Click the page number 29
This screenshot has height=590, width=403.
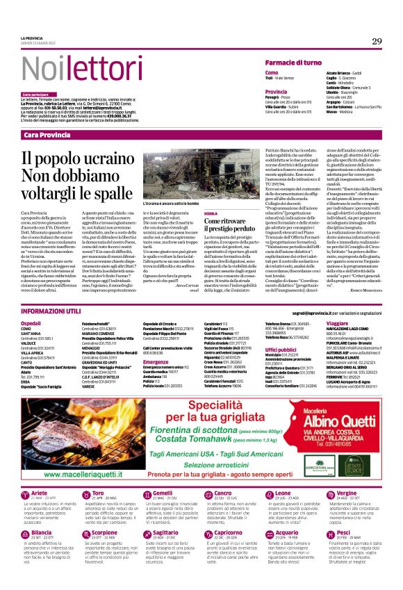377,42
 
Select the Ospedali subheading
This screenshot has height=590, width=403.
32,324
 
